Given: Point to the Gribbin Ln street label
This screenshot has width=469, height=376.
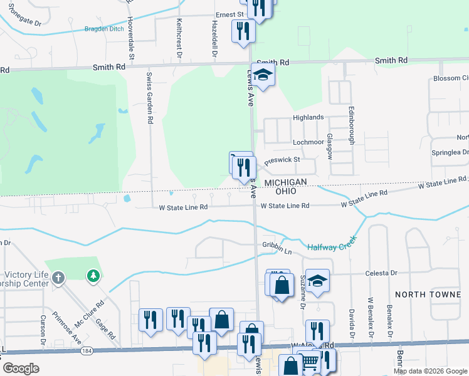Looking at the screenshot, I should point(277,250).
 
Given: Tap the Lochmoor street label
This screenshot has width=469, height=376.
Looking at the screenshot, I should point(308,142).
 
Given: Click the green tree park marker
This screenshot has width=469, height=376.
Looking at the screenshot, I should point(93,276).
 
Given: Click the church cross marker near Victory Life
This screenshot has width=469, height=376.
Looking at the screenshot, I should point(58,277).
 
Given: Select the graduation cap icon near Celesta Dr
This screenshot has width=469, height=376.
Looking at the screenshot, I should point(318,281).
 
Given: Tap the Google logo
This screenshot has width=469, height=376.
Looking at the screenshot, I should point(21,368).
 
